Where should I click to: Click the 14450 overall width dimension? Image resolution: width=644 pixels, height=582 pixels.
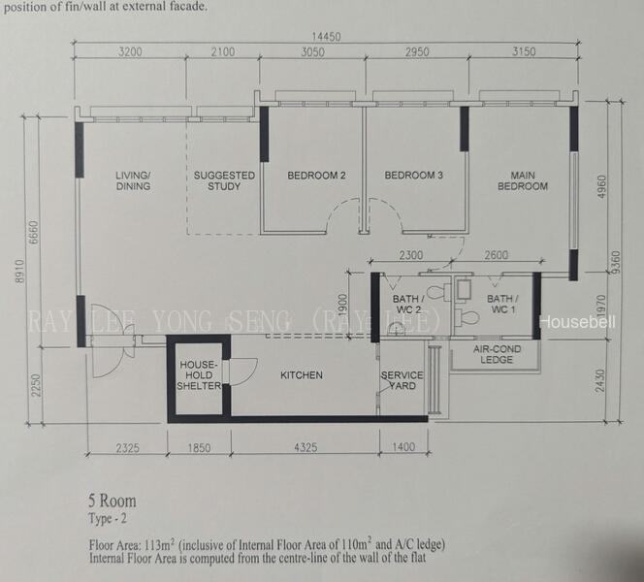coord(326,37)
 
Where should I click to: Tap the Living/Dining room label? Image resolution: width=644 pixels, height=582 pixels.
coord(133,180)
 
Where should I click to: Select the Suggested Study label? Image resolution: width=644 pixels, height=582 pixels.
coord(224,180)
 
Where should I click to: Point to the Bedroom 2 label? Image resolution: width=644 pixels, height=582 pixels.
coord(316,176)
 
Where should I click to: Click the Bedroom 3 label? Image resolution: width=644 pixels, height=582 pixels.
coord(413,176)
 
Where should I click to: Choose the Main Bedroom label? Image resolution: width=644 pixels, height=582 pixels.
coord(523,180)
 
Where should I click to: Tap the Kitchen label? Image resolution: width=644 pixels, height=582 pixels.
coord(302,375)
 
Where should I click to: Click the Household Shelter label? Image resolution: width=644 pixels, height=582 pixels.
coord(199,375)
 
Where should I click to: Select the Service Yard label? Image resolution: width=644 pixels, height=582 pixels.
coord(402,380)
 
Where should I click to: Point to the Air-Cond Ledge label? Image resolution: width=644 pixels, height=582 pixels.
coord(497,354)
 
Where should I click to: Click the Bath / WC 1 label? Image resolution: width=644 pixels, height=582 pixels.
coord(502,304)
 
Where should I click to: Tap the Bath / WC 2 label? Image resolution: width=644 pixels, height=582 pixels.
coord(408,304)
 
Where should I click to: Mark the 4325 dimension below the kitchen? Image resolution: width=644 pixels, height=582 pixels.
coord(306,447)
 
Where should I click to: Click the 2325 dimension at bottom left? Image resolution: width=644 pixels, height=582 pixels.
coord(128,447)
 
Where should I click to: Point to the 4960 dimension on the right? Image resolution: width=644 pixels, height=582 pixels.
coord(601,186)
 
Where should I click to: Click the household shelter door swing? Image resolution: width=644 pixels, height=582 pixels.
coord(244,372)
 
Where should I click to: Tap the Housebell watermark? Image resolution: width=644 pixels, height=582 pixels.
coord(577,322)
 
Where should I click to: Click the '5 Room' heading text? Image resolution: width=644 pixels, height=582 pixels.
coord(113,501)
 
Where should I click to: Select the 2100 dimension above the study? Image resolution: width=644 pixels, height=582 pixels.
coord(223,51)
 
